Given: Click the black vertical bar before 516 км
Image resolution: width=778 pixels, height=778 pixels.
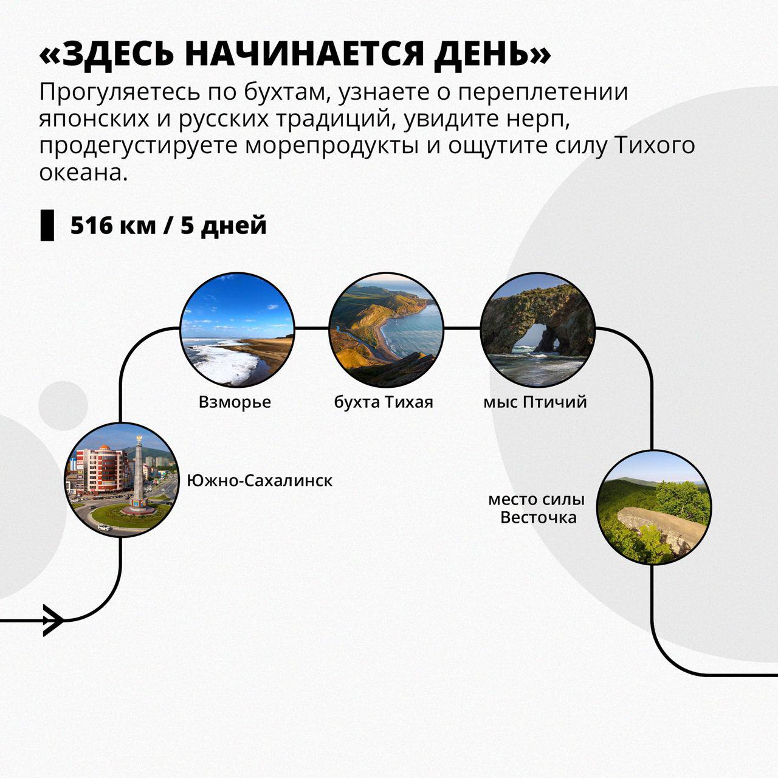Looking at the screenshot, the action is click(x=47, y=225).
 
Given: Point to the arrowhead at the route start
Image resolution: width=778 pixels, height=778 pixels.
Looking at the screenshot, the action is click(x=53, y=621).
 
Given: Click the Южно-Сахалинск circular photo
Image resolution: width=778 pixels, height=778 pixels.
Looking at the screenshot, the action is click(x=121, y=480).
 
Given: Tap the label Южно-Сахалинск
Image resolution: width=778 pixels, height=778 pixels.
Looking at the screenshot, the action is click(x=260, y=480).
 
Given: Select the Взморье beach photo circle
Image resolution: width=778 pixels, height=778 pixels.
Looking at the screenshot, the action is click(x=237, y=329).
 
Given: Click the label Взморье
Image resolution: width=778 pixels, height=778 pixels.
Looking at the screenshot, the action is click(x=235, y=402).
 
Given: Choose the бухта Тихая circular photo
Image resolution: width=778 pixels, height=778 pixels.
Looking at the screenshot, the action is click(x=387, y=329).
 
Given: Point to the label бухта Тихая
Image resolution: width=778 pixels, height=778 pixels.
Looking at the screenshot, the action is click(x=384, y=402).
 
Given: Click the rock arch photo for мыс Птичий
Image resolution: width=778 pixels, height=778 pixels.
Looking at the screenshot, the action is click(x=538, y=329).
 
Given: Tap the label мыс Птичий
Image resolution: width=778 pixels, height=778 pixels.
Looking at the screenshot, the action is click(x=535, y=402).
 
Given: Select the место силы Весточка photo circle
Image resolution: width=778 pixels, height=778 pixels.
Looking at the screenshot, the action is click(x=654, y=508).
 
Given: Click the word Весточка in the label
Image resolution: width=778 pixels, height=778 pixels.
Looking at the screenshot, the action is click(x=538, y=518).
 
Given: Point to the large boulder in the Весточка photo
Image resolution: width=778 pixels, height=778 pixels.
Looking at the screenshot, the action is click(x=661, y=528).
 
